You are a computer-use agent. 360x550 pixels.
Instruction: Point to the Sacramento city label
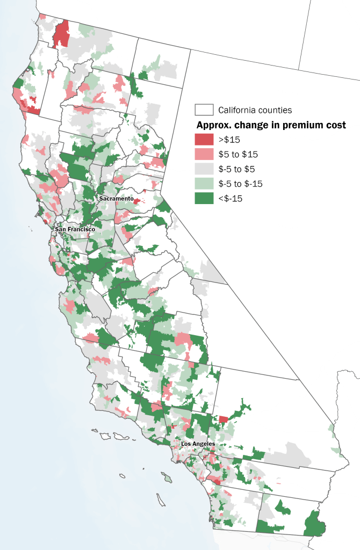click(x=116, y=198)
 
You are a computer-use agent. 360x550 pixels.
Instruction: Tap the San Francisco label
click(x=75, y=229)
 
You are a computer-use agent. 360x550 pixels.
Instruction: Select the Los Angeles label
click(x=198, y=444)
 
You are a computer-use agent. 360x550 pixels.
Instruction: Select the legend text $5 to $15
click(x=238, y=155)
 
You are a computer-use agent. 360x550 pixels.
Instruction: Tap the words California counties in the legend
click(x=255, y=110)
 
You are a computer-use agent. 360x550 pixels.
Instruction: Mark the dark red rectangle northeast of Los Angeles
click(x=223, y=419)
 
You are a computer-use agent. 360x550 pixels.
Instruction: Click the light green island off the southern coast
click(x=168, y=477)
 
